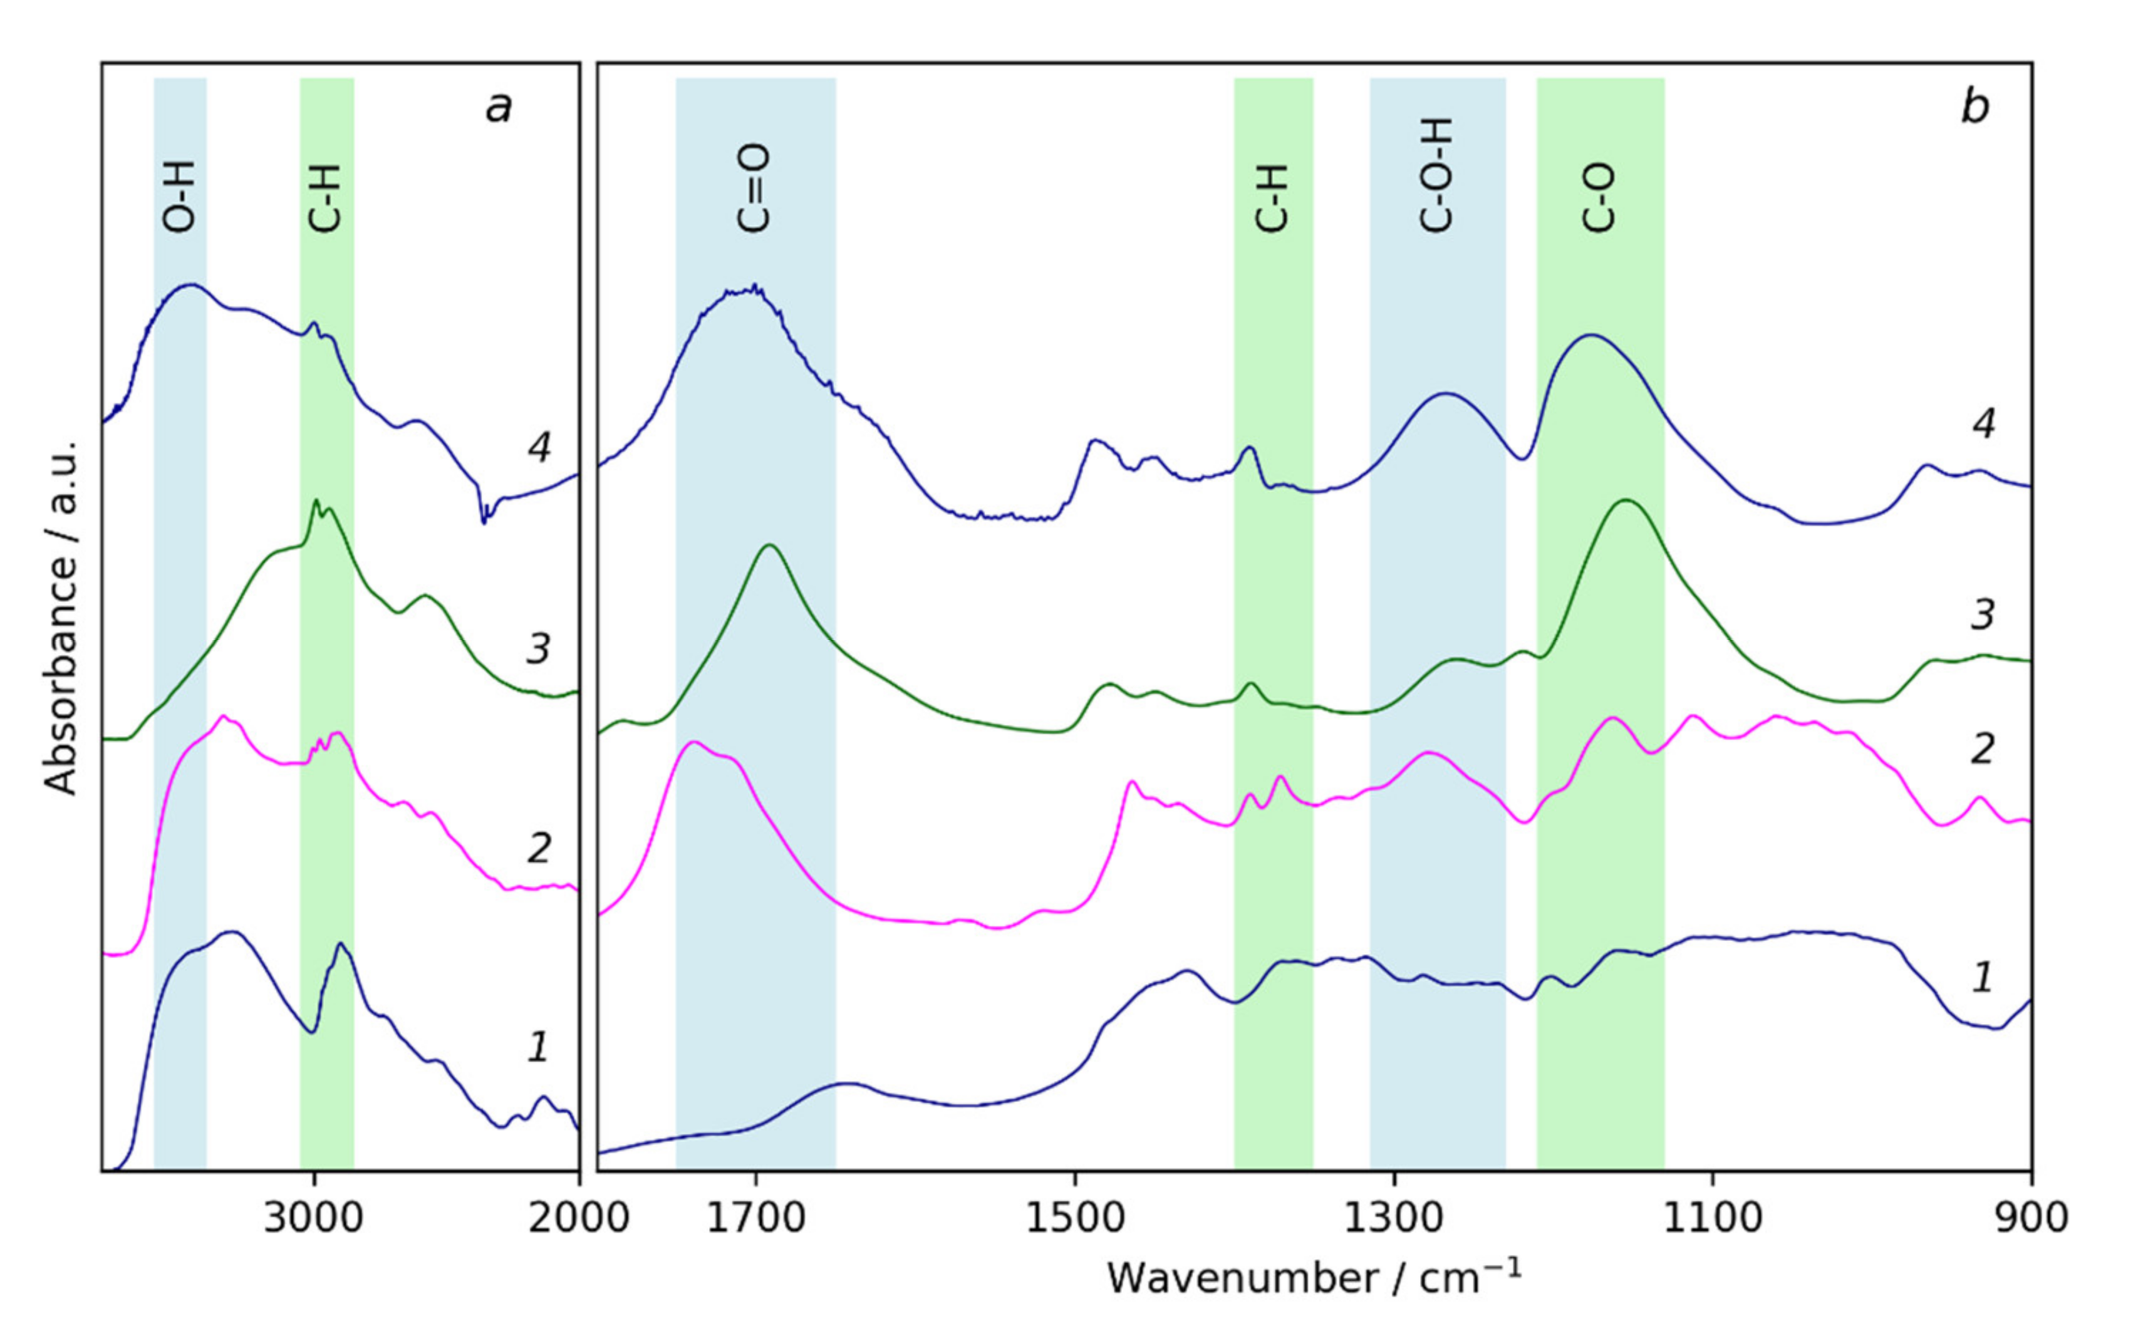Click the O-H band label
180,198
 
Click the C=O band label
754,188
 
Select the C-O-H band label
1436,175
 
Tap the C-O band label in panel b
1599,198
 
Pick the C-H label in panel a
326,198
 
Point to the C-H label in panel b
1272,198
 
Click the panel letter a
499,108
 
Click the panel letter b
1974,108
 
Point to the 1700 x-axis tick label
755,1218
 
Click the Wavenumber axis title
1313,1278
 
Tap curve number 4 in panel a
539,447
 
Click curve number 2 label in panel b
1982,748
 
